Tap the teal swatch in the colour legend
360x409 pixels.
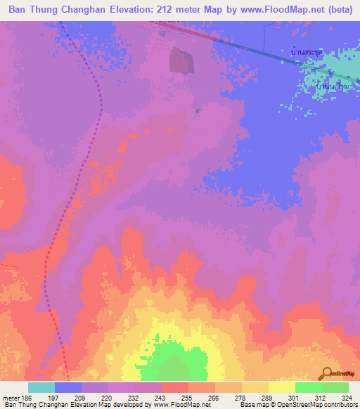click(41, 387)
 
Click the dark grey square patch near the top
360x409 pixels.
click(182, 61)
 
